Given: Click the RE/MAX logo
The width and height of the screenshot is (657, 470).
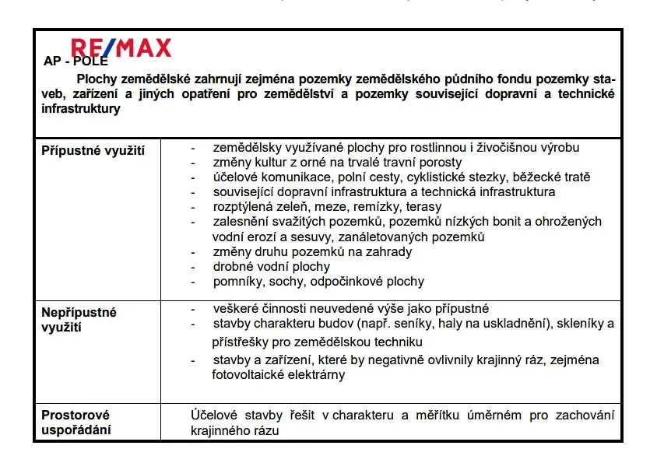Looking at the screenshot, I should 121,48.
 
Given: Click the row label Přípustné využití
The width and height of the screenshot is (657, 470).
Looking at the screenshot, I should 93,150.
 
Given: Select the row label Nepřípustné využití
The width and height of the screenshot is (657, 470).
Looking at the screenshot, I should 79,319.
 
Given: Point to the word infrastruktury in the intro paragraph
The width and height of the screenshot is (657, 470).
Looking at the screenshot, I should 81,109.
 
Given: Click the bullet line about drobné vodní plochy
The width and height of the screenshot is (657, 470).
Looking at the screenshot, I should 261,267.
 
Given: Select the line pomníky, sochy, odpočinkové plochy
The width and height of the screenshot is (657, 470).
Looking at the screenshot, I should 318,282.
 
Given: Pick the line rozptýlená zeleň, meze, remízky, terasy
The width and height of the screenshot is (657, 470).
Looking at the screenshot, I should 327,207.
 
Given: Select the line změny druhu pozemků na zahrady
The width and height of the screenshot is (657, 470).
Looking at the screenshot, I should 312,252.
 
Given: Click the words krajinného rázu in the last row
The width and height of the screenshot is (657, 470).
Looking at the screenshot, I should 234,430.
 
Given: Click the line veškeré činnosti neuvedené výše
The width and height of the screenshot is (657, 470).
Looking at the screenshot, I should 350,308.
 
